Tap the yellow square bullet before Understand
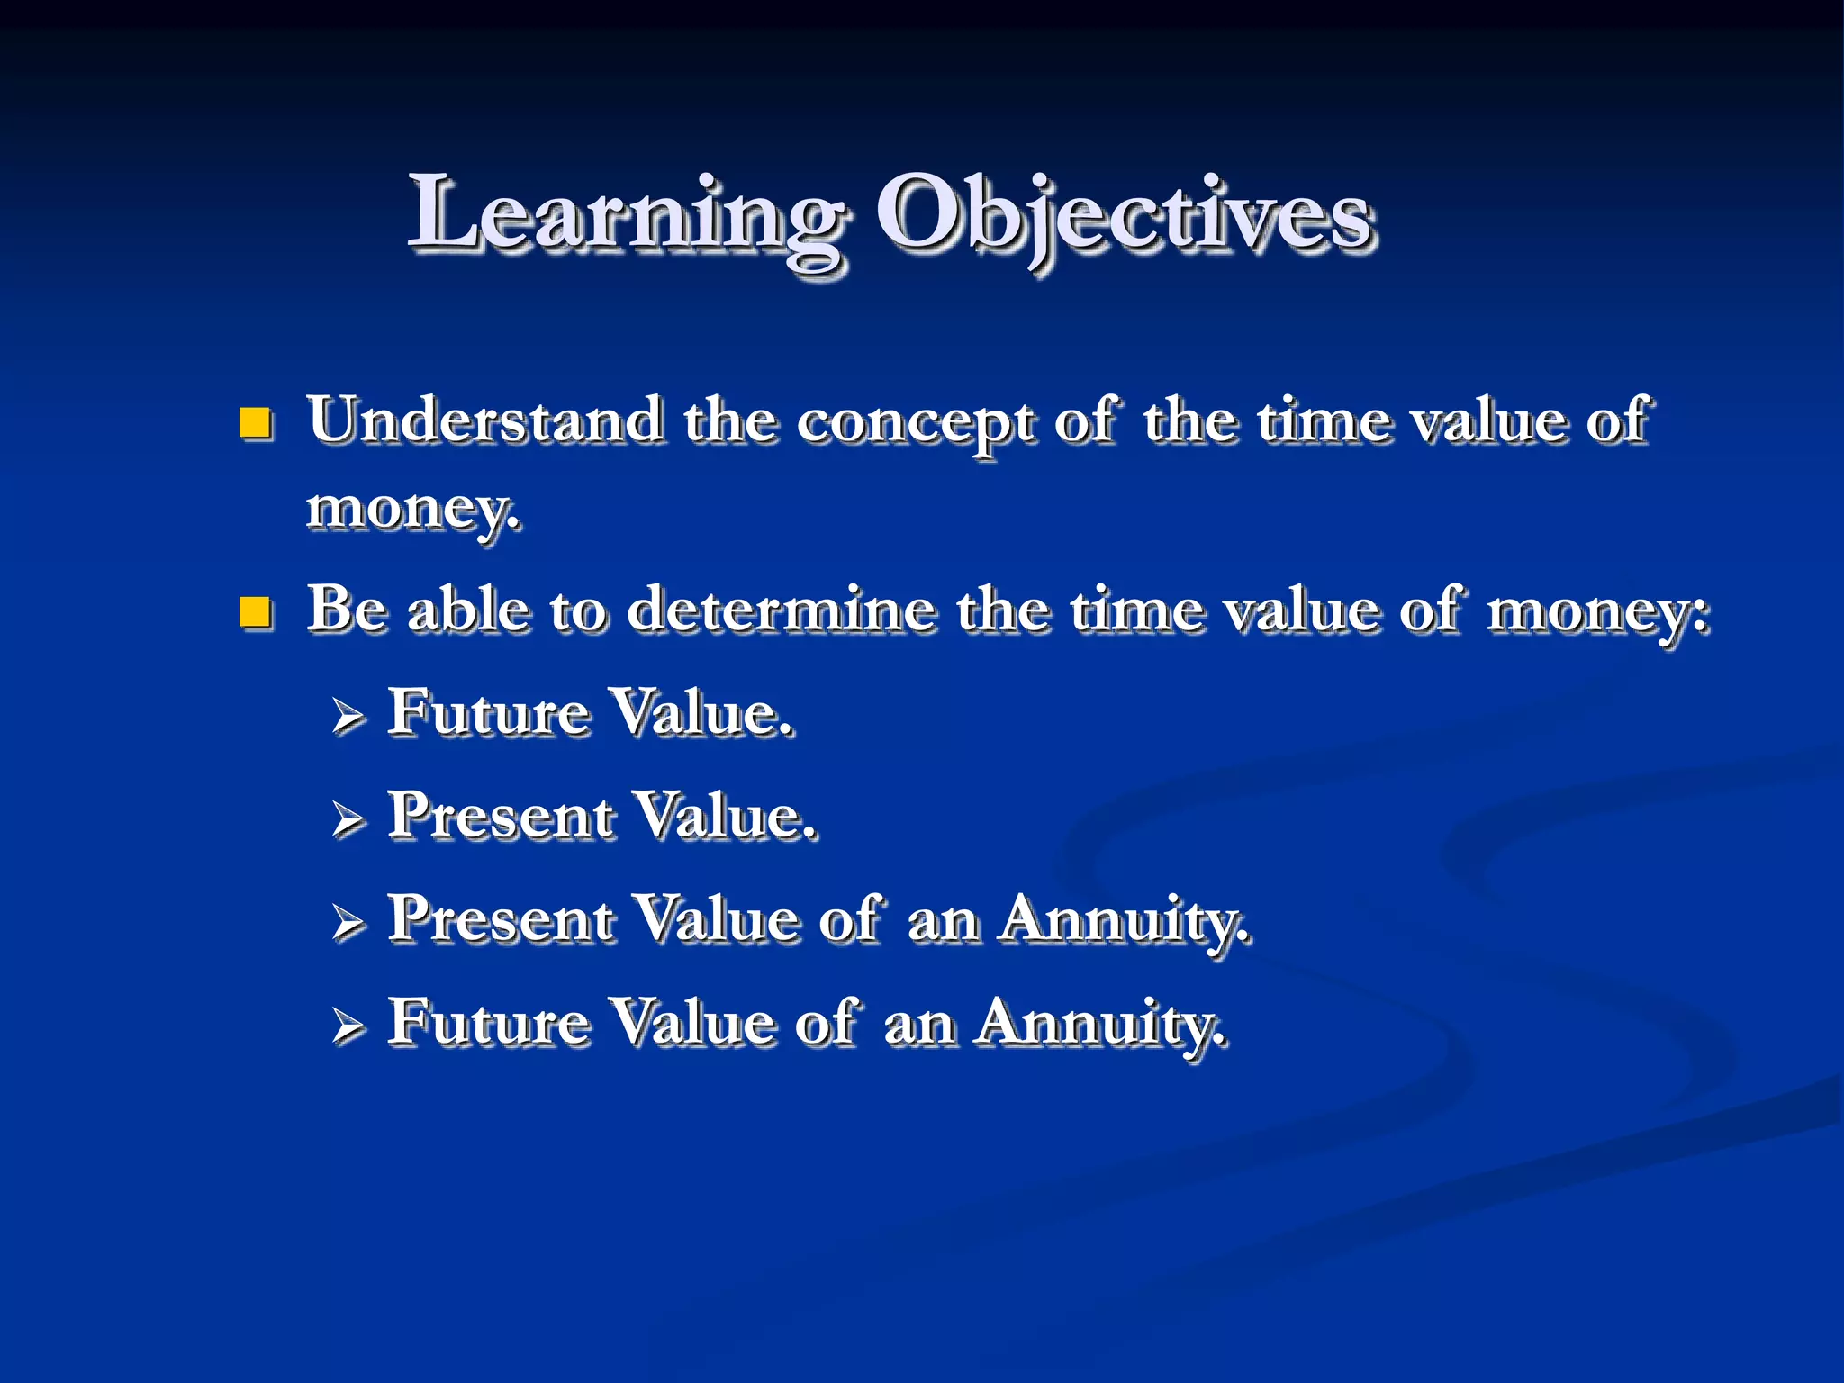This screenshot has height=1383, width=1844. coord(256,422)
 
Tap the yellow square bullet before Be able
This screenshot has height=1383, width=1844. coord(256,612)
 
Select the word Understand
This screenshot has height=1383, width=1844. coord(485,421)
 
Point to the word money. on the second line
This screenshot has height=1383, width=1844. coord(412,510)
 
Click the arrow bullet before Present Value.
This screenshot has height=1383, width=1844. coord(348,820)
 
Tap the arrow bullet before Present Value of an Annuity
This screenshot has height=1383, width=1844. coord(348,924)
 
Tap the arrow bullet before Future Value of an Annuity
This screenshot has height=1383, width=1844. coord(348,1026)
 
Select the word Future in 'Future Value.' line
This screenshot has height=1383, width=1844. coord(488,713)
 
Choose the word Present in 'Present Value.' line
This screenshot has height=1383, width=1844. coord(501,817)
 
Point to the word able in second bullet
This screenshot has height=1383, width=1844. coord(468,610)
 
